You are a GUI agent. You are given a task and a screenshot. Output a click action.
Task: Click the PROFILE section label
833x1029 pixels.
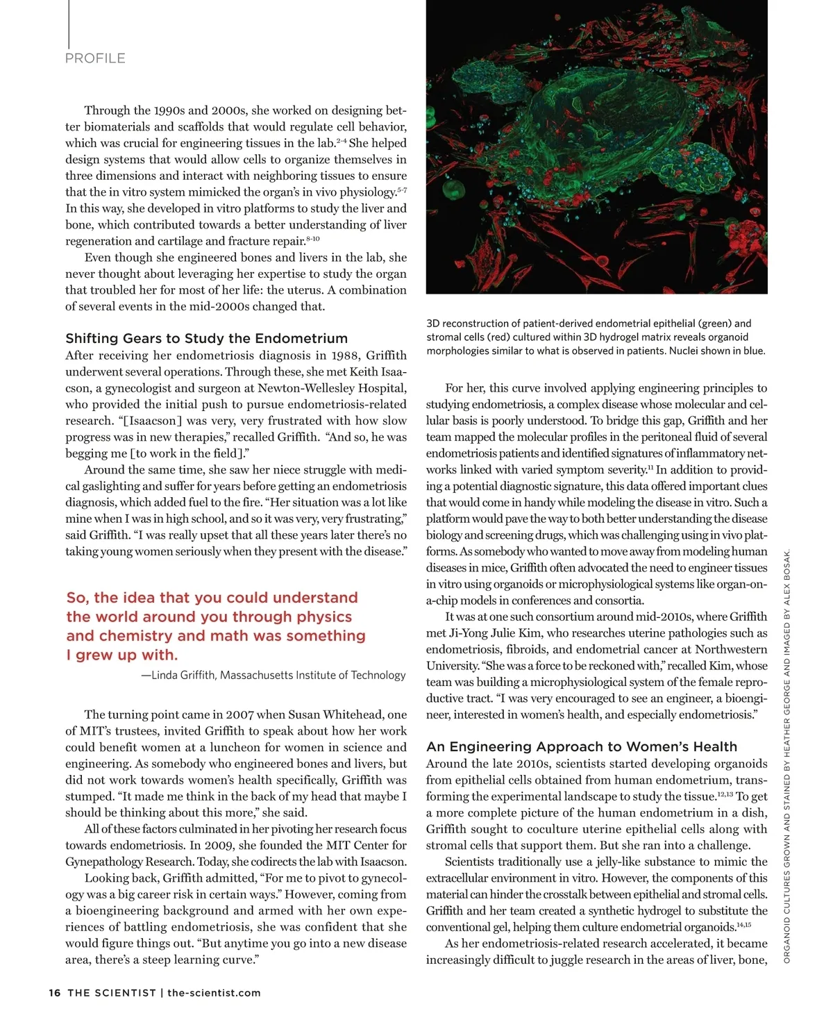click(95, 58)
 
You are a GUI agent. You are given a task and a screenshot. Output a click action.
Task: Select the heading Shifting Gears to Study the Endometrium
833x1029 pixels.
click(206, 339)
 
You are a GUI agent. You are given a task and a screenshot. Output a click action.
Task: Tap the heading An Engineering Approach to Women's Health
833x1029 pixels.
click(582, 747)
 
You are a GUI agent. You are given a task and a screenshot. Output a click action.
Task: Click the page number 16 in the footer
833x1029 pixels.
click(55, 993)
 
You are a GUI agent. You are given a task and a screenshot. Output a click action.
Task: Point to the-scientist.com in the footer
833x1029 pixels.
click(214, 993)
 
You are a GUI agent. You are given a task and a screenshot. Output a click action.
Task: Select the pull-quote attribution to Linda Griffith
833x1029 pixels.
click(274, 675)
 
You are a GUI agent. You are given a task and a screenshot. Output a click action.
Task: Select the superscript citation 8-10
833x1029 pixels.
click(312, 239)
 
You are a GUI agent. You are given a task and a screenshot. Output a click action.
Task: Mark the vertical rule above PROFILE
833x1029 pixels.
click(68, 21)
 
